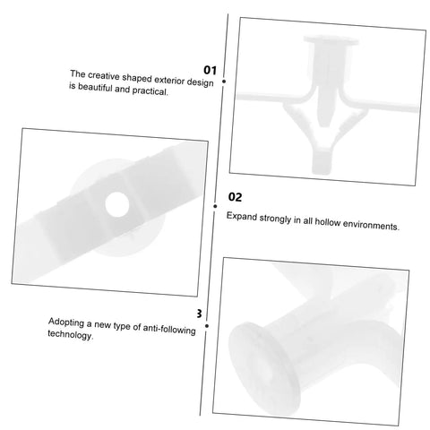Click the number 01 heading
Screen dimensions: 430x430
point(210,70)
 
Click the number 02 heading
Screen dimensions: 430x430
point(235,197)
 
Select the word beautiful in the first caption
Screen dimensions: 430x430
point(96,88)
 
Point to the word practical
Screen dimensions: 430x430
point(150,91)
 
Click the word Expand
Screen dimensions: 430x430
point(242,216)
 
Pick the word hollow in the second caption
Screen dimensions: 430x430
point(328,222)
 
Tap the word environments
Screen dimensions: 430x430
point(371,225)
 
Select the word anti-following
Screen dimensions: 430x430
point(169,329)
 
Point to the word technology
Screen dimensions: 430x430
point(71,334)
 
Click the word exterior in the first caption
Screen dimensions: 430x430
point(169,80)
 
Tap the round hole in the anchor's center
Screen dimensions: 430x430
point(117,204)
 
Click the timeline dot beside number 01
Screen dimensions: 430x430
point(224,82)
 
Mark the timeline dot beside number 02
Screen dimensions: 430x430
point(215,206)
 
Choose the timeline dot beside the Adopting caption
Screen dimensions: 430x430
point(207,326)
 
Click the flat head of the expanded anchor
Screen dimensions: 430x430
point(331,40)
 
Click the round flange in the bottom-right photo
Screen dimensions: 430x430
point(264,369)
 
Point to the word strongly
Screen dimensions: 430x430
point(275,219)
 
